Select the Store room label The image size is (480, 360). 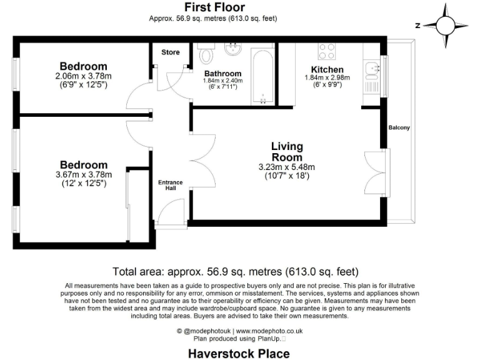pyautogui.click(x=171, y=52)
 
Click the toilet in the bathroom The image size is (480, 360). pyautogui.click(x=206, y=57)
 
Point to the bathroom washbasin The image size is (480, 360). pyautogui.click(x=235, y=49)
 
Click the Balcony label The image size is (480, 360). pyautogui.click(x=399, y=127)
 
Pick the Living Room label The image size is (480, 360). pyautogui.click(x=287, y=152)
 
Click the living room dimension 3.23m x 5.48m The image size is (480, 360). pyautogui.click(x=287, y=167)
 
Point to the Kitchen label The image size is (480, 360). pyautogui.click(x=327, y=69)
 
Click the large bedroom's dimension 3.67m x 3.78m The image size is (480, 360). pyautogui.click(x=83, y=174)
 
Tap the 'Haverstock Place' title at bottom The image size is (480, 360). pyautogui.click(x=239, y=353)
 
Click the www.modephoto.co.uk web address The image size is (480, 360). pyautogui.click(x=269, y=330)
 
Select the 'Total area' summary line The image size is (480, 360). pyautogui.click(x=235, y=272)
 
